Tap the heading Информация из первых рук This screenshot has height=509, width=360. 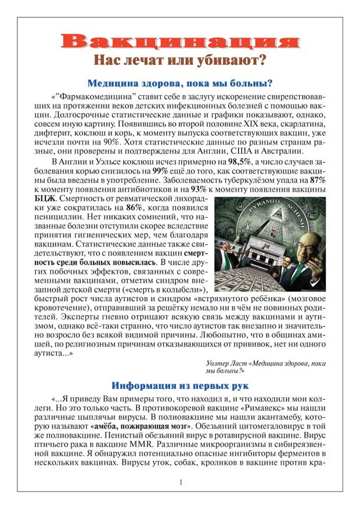pos(180,385)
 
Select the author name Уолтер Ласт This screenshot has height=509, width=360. pos(227,363)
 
